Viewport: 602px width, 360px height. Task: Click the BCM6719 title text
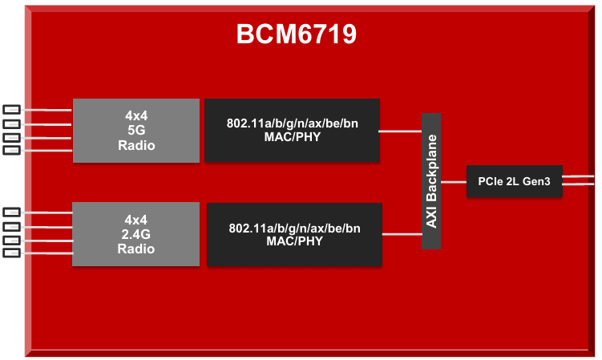pyautogui.click(x=296, y=34)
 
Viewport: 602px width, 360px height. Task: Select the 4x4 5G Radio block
pyautogui.click(x=135, y=131)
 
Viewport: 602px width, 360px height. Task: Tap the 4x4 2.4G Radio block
pyautogui.click(x=135, y=234)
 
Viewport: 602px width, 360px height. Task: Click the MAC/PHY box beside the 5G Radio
pyautogui.click(x=292, y=131)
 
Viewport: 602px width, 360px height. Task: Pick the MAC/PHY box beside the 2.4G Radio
pyautogui.click(x=294, y=234)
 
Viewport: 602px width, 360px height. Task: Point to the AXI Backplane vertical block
pyautogui.click(x=431, y=181)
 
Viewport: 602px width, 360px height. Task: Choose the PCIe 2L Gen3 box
pyautogui.click(x=514, y=181)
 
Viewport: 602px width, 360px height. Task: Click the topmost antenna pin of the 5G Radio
pyautogui.click(x=11, y=110)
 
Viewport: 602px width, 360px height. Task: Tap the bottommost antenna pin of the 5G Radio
pyautogui.click(x=11, y=150)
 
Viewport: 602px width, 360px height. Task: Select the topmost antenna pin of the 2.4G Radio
pyautogui.click(x=11, y=212)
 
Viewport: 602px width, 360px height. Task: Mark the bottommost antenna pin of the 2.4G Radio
pyautogui.click(x=11, y=253)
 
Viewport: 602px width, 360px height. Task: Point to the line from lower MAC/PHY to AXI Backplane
pyautogui.click(x=402, y=234)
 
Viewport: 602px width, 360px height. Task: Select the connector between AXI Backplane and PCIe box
pyautogui.click(x=453, y=182)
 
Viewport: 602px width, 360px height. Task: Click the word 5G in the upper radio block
pyautogui.click(x=135, y=131)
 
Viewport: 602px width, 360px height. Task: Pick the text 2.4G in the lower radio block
pyautogui.click(x=135, y=234)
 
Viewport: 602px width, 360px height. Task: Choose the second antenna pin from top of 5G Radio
pyautogui.click(x=11, y=123)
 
